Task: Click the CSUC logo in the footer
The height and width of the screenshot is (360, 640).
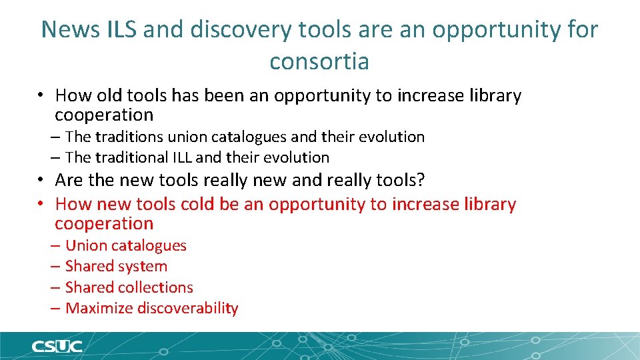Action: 56,346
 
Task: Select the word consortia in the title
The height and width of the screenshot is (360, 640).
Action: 319,62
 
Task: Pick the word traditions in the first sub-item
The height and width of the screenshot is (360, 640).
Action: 129,137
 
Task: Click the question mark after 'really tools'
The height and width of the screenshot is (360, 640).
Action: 421,180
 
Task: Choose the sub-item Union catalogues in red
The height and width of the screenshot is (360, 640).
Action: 126,245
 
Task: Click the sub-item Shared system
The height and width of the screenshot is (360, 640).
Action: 116,266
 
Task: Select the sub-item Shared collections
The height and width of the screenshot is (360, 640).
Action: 129,287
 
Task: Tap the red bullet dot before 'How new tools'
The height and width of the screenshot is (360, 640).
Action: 41,204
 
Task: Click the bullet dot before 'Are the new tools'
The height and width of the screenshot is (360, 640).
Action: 41,180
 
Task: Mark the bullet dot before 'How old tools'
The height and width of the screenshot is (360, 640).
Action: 41,96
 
